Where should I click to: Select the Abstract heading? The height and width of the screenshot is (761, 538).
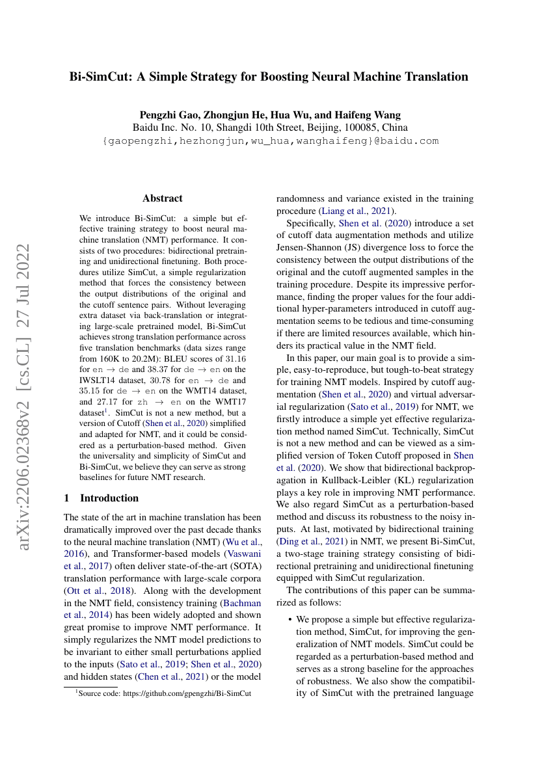163,198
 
